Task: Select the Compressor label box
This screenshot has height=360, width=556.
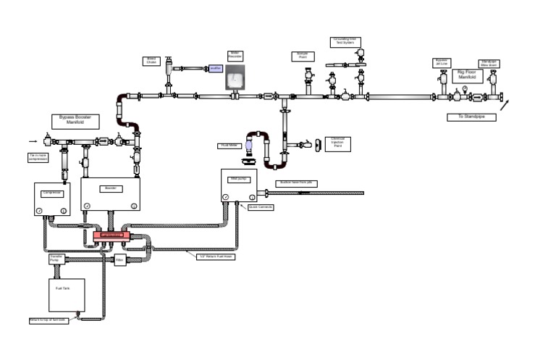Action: click(x=52, y=193)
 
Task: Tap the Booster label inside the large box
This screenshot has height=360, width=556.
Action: click(x=110, y=188)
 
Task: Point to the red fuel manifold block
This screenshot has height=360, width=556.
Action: click(x=111, y=235)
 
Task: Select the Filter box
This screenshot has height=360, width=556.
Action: click(x=120, y=259)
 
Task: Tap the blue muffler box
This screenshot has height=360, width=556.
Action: click(x=215, y=69)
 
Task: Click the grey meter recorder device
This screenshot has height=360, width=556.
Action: click(x=235, y=77)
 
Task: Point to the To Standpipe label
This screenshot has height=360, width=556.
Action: click(x=471, y=117)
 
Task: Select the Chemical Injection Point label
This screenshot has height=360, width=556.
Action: click(x=337, y=144)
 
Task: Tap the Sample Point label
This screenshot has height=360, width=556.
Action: click(x=302, y=56)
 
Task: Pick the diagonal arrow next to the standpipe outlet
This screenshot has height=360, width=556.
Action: click(x=504, y=104)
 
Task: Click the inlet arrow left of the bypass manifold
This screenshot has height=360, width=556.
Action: click(x=33, y=141)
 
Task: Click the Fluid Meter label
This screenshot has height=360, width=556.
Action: click(x=228, y=146)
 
